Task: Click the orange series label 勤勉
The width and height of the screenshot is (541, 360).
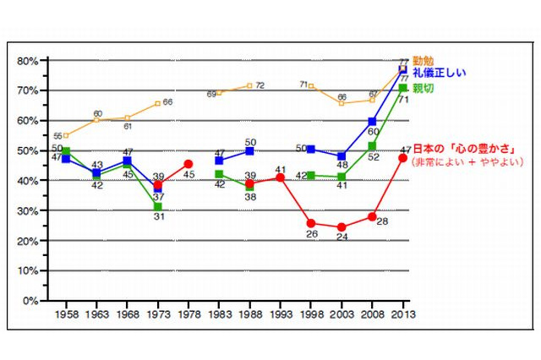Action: [425, 61]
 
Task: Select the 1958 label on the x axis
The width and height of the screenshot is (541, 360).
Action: [66, 315]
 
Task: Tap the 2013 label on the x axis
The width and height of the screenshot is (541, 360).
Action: [402, 315]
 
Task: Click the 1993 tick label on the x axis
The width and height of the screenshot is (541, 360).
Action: [280, 315]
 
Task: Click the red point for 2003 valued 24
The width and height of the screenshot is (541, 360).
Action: [342, 227]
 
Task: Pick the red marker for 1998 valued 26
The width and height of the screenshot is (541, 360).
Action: [311, 223]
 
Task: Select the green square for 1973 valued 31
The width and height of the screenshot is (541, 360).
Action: [158, 207]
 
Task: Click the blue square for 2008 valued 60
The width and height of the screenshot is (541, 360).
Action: [372, 122]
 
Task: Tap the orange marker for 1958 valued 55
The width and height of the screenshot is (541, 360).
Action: [66, 135]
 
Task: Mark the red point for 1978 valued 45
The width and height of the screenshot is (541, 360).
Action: [189, 164]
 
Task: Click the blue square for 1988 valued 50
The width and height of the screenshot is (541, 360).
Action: [249, 150]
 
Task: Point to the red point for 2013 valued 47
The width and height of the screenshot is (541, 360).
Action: [402, 158]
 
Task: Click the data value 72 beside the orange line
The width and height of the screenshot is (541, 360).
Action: [260, 85]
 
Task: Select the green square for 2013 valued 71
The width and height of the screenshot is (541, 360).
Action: [402, 88]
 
